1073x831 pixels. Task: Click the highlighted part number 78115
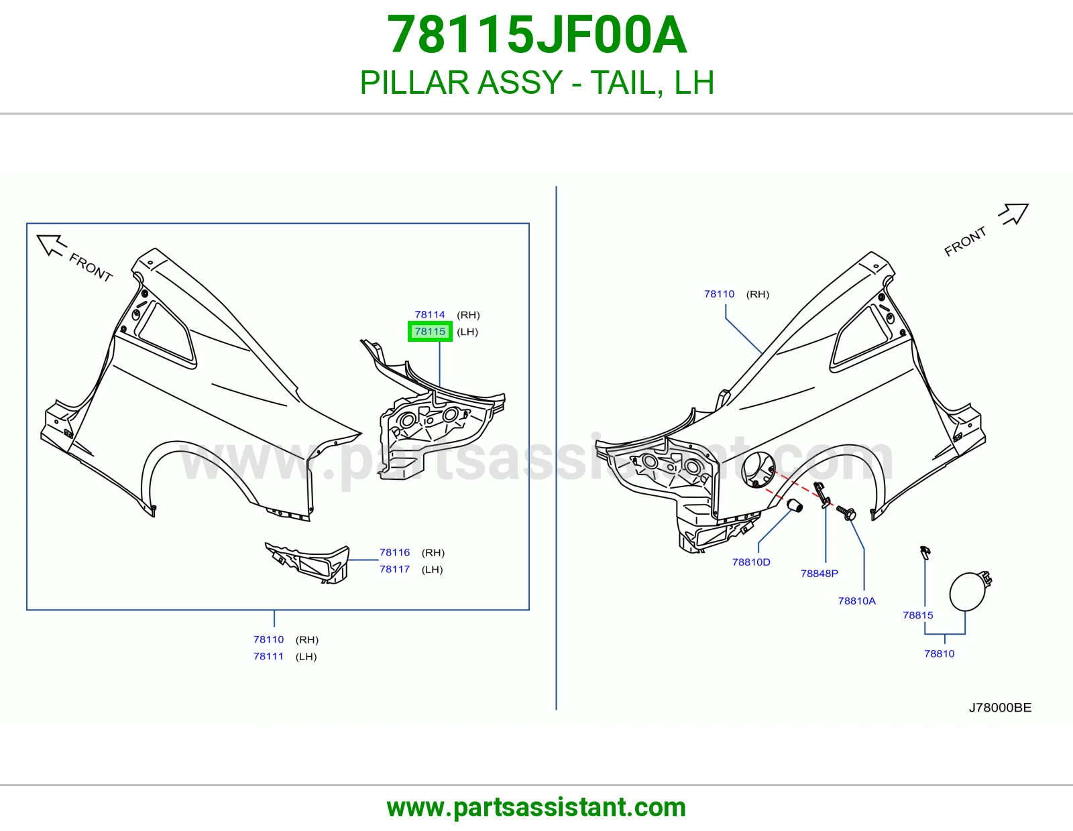[x=430, y=331]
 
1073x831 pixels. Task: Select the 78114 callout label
[x=430, y=314]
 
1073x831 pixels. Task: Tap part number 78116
[x=394, y=552]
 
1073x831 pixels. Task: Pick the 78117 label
[x=394, y=569]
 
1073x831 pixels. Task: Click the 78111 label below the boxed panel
[x=269, y=656]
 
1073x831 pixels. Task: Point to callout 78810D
[x=751, y=562]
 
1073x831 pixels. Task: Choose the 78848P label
[x=820, y=574]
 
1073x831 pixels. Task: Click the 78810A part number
[x=856, y=600]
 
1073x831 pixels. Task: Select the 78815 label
[x=918, y=615]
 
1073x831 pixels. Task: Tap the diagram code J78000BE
[x=1000, y=708]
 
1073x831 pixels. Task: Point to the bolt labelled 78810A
[x=846, y=512]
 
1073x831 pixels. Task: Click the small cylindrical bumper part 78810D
[x=794, y=506]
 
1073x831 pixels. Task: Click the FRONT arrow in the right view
[x=1014, y=214]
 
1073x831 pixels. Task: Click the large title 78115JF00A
[x=536, y=35]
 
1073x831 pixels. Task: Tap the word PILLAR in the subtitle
[x=412, y=82]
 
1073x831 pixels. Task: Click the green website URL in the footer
[x=536, y=808]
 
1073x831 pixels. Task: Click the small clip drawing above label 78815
[x=925, y=553]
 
